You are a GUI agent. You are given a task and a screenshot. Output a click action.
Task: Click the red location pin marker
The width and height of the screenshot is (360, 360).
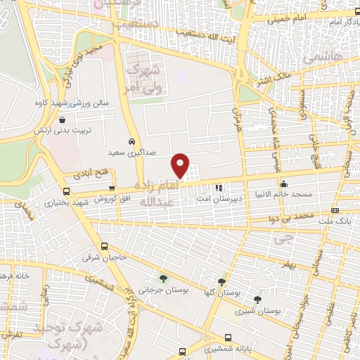click(x=181, y=165)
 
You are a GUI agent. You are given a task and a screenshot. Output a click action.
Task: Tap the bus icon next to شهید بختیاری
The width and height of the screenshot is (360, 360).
click(x=66, y=191)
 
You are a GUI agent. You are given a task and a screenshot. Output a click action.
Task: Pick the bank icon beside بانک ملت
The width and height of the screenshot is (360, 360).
click(x=335, y=210)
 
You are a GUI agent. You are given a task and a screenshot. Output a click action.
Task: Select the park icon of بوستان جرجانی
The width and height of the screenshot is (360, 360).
click(x=163, y=278)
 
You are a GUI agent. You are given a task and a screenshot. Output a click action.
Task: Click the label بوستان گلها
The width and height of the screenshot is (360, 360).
click(x=232, y=292)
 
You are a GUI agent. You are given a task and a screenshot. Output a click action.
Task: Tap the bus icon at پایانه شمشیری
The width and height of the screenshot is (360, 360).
click(x=228, y=337)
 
